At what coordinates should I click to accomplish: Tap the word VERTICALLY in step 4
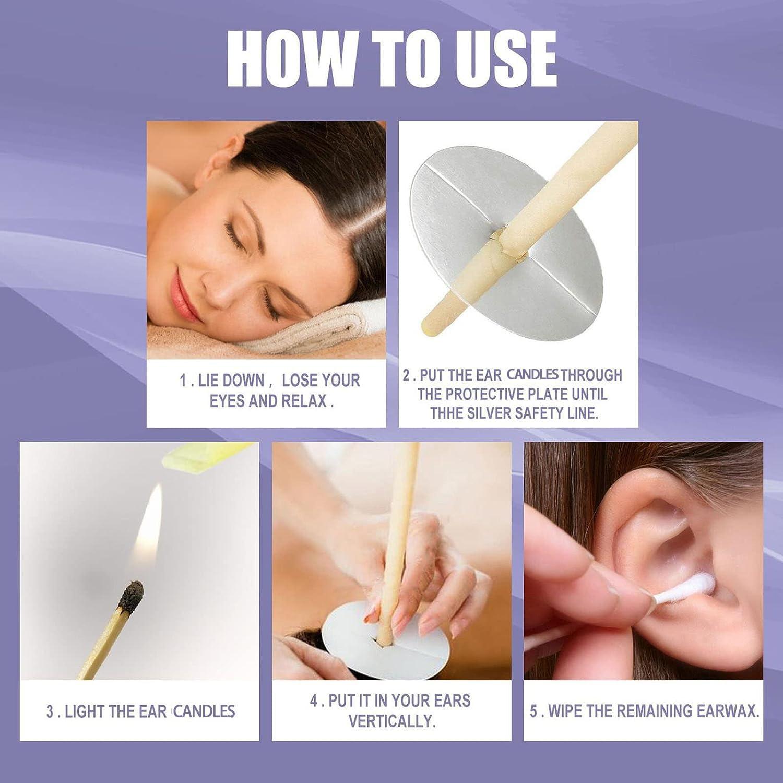pyautogui.click(x=391, y=721)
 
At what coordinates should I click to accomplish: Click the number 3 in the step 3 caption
pyautogui.click(x=50, y=711)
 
